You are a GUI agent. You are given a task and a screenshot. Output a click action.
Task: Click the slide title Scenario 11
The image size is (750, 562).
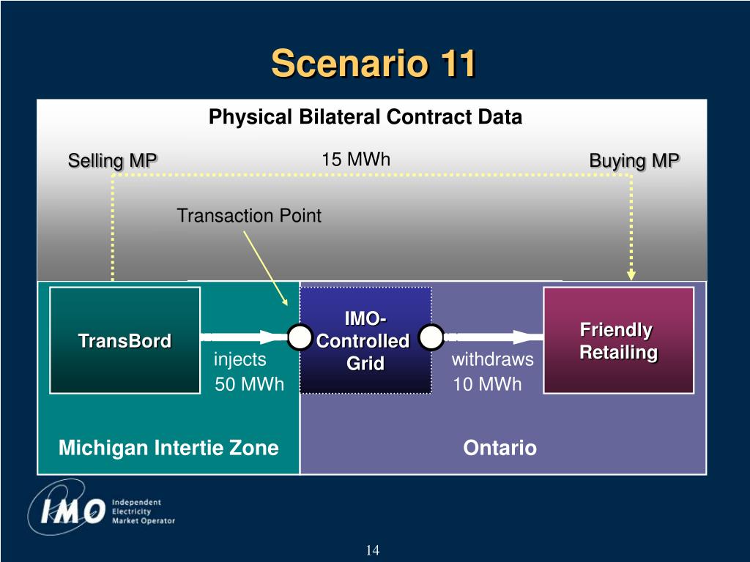[x=374, y=63]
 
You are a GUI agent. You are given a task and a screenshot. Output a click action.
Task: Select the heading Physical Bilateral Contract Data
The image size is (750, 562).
[x=365, y=117]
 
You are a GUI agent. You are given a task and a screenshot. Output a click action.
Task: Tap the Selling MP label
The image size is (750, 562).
[x=112, y=160]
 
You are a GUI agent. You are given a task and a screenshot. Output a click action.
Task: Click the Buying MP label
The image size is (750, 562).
[x=634, y=160]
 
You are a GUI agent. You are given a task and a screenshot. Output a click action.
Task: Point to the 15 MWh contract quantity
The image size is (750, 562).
[x=356, y=159]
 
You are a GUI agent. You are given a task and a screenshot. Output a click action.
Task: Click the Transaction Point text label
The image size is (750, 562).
[x=249, y=216]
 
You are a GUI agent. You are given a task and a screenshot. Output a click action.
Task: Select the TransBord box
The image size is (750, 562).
[x=125, y=340]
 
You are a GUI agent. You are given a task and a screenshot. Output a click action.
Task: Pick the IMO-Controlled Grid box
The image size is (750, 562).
[x=365, y=340]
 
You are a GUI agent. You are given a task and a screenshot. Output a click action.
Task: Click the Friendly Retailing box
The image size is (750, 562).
[x=618, y=340]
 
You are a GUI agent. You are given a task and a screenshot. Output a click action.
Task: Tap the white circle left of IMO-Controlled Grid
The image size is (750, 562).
[x=300, y=337]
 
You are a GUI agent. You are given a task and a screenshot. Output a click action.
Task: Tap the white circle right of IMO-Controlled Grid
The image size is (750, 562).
[x=431, y=337]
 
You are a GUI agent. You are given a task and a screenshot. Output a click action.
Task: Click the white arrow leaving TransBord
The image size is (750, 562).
[x=244, y=337]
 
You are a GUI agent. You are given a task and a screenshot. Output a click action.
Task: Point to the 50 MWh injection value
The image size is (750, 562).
[x=249, y=384]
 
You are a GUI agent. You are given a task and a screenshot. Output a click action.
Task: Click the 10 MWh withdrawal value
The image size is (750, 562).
[x=487, y=384]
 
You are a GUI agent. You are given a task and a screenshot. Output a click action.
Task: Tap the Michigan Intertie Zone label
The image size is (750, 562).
[x=168, y=448]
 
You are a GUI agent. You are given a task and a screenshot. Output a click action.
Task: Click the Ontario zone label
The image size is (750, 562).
[x=500, y=448]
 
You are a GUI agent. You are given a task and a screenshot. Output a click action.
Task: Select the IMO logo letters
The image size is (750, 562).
[x=73, y=511]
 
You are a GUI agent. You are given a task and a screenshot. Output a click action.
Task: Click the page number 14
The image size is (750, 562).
[x=373, y=550]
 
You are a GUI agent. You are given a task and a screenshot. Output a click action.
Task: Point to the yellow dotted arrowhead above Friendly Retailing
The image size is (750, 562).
[x=631, y=274]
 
